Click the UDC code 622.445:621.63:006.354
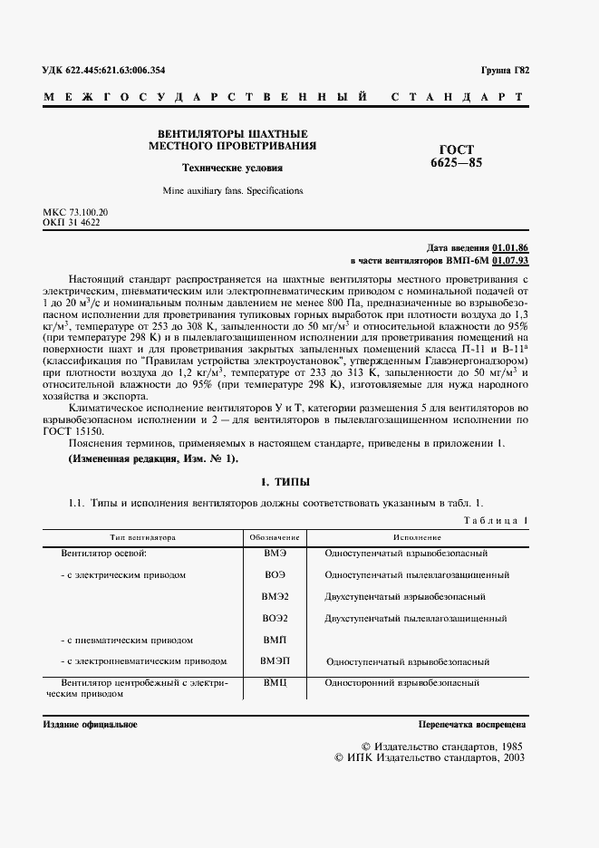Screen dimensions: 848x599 (x=104, y=70)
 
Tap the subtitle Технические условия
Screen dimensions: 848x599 (x=232, y=168)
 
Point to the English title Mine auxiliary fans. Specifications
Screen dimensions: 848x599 (x=233, y=191)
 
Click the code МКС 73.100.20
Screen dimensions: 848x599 (x=75, y=212)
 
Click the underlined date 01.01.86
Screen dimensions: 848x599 (x=510, y=247)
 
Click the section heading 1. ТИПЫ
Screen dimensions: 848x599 (x=285, y=481)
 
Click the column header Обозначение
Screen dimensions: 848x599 (x=275, y=537)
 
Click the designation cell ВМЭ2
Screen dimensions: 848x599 (x=275, y=597)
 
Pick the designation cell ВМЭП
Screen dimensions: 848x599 (x=275, y=661)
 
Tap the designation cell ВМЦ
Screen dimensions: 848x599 (x=275, y=683)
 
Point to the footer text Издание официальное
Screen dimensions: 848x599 (x=90, y=725)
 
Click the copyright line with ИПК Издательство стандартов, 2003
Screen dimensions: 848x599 (x=430, y=758)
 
